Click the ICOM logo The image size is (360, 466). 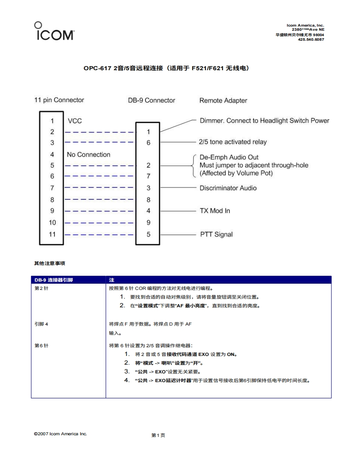(x=54, y=31)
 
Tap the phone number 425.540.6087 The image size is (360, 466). (x=311, y=40)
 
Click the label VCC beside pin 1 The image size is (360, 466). (x=74, y=121)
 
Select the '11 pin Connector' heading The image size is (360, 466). (x=59, y=100)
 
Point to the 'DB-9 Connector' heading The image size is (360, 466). (x=151, y=101)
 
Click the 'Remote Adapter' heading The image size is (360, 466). (x=223, y=101)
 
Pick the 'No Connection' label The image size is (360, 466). (x=89, y=155)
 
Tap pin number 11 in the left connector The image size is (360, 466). (x=52, y=234)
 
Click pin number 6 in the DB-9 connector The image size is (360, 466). (x=148, y=142)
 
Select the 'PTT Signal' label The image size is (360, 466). (x=216, y=235)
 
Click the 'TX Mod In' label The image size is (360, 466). (x=215, y=211)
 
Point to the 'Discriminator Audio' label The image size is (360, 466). (x=228, y=188)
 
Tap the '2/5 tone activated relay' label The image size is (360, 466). (x=233, y=142)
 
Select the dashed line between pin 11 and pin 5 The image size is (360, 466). (x=100, y=234)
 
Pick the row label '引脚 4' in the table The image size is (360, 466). (x=41, y=324)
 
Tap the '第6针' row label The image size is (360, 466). (x=41, y=345)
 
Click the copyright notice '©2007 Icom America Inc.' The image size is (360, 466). (x=60, y=434)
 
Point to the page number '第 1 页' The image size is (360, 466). (x=158, y=435)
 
